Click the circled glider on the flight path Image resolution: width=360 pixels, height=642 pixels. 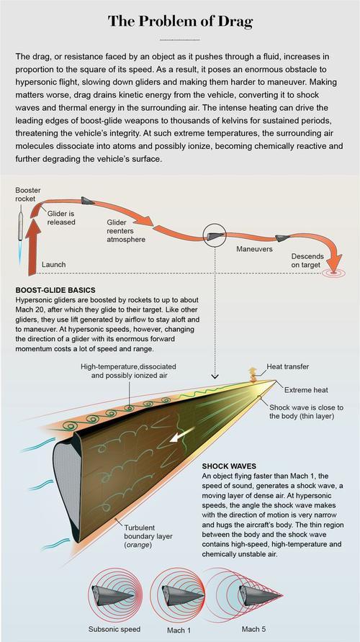215,236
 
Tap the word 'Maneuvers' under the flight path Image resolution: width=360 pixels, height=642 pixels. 254,248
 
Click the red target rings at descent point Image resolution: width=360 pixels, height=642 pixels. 333,272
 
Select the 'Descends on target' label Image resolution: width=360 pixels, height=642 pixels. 307,261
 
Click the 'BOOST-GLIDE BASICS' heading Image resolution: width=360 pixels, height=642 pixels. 55,290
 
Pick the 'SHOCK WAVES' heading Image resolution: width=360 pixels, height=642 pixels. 229,466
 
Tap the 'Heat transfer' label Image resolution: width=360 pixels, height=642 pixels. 287,366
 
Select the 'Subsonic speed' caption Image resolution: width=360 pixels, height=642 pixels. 114,629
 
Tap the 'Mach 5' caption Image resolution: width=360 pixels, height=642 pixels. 251,629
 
